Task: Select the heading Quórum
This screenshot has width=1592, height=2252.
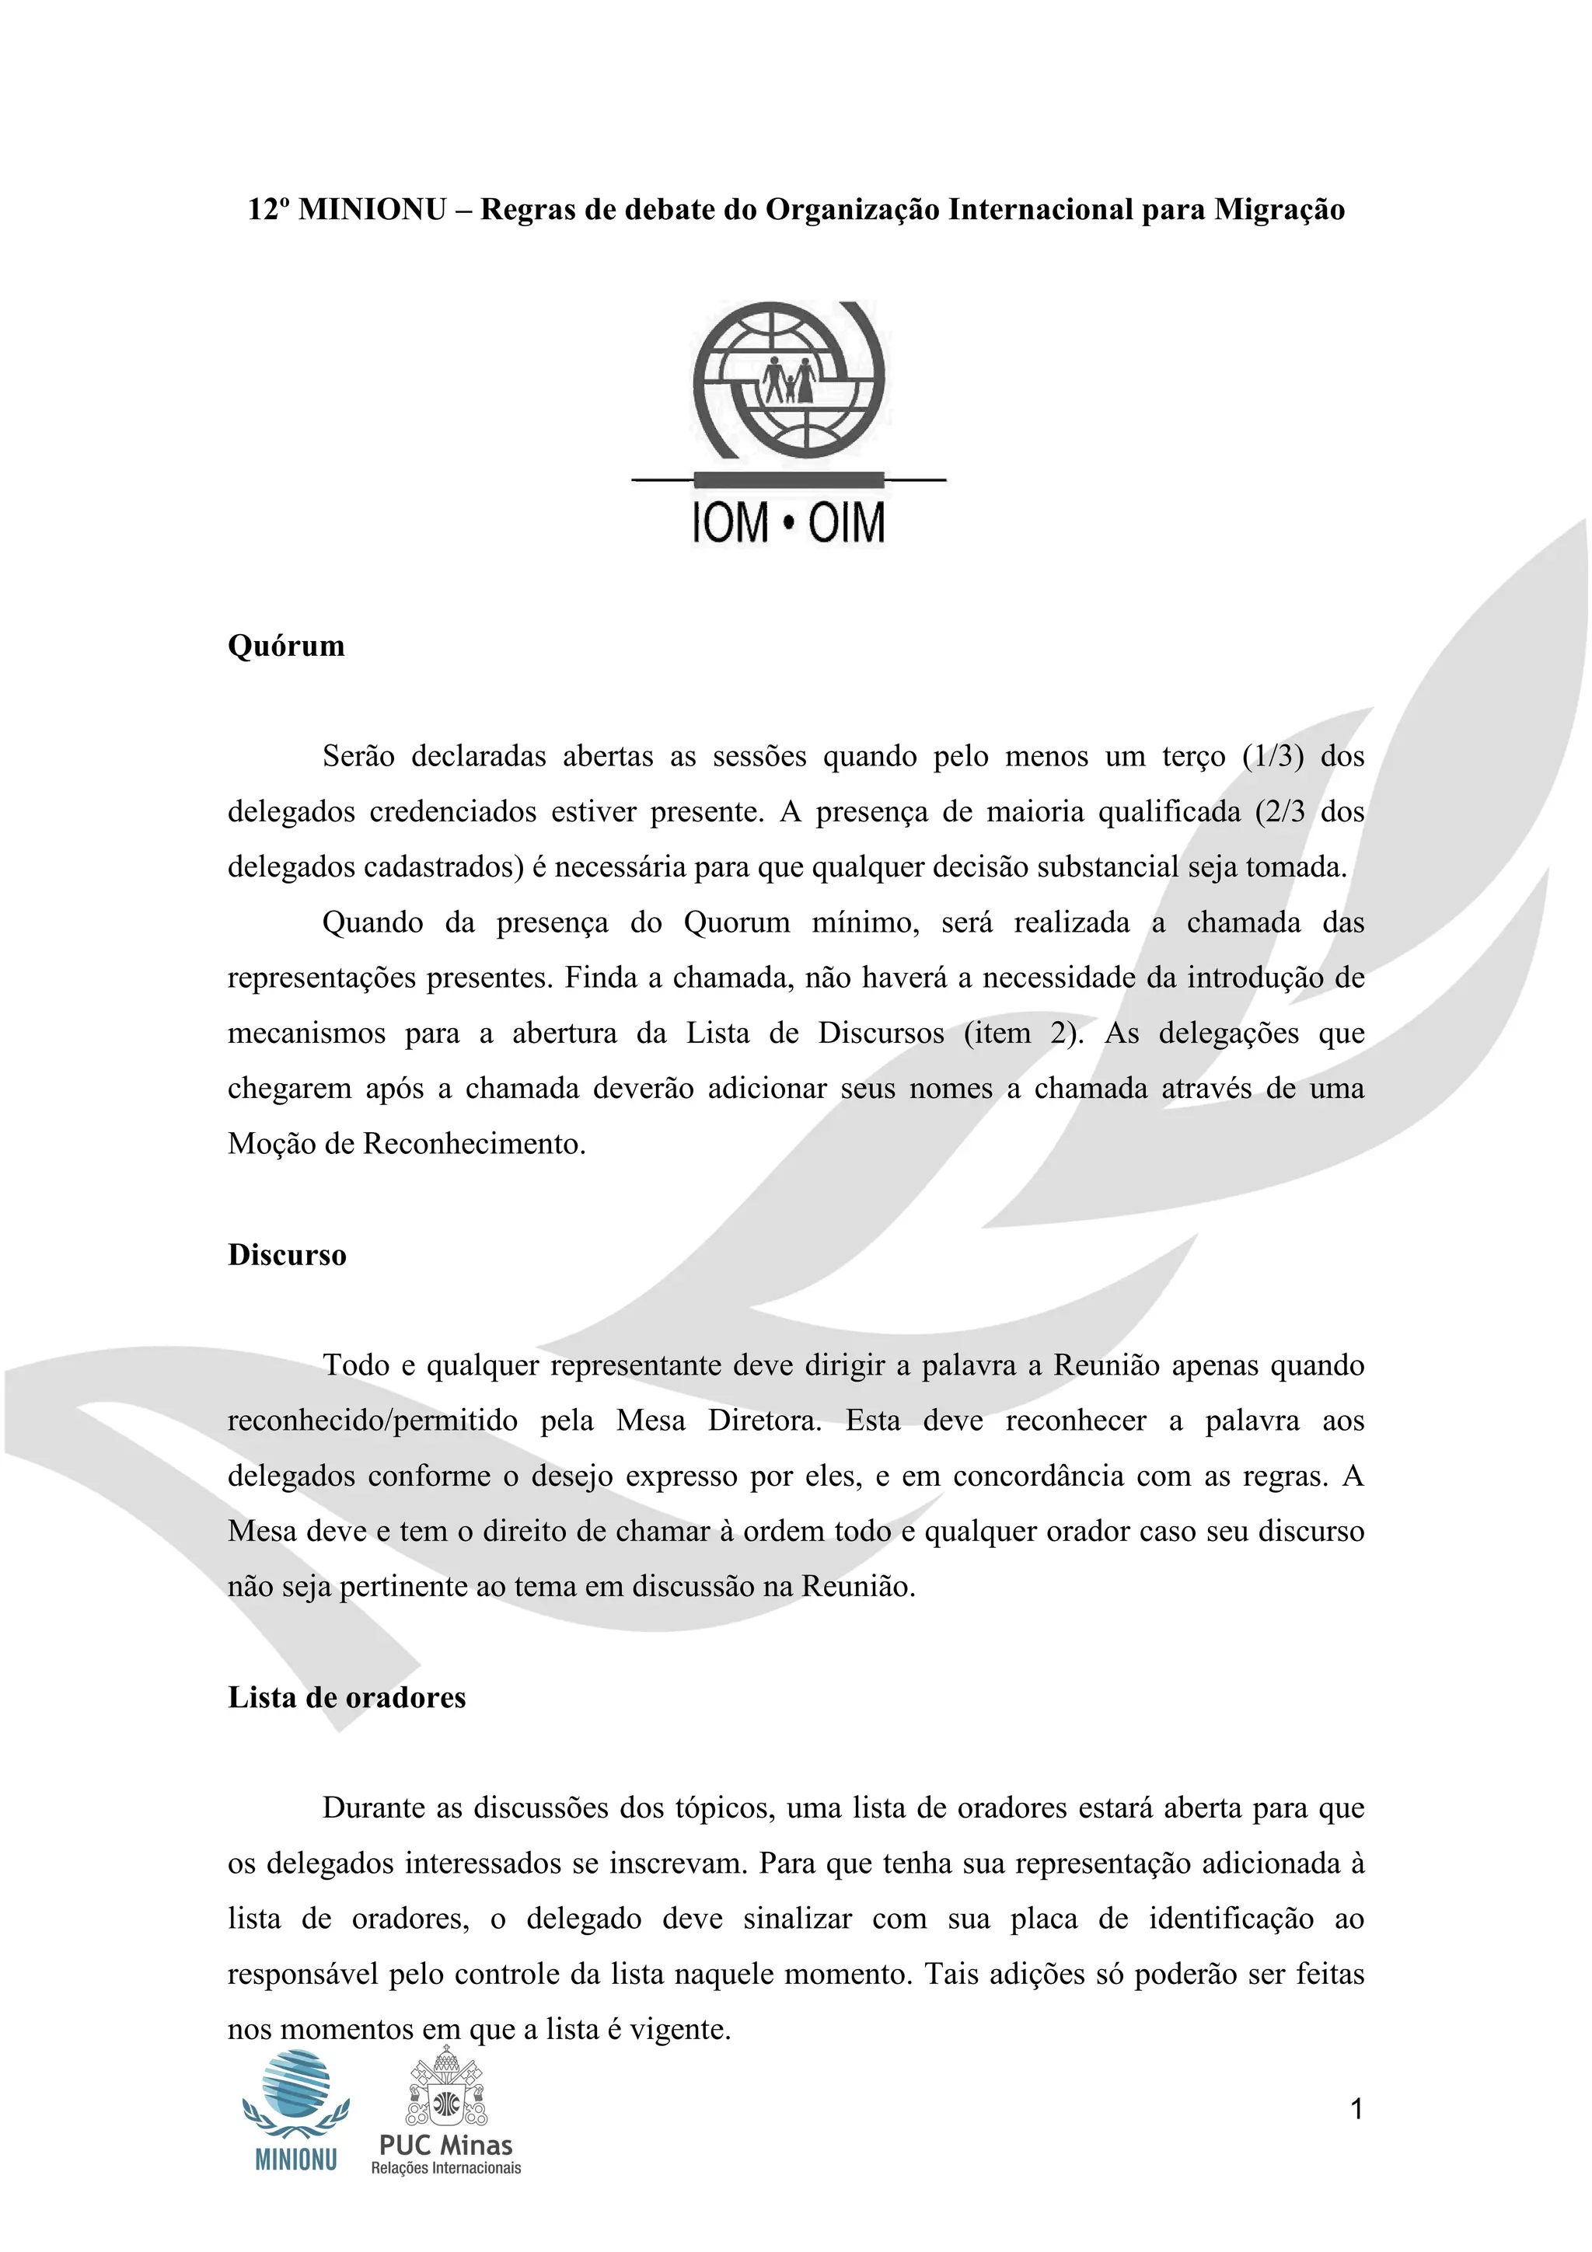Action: pos(285,647)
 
